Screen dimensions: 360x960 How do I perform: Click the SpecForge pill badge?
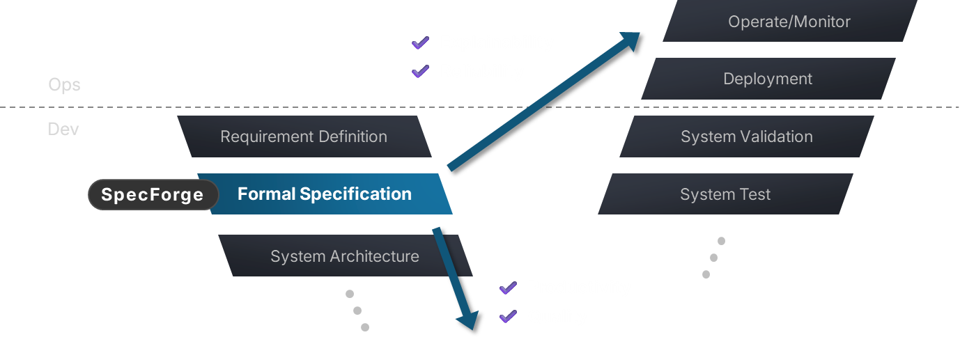(x=153, y=195)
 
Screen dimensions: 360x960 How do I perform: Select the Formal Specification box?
(x=325, y=194)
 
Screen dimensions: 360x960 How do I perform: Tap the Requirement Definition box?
(x=304, y=136)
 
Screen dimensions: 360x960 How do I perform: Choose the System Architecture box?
(x=345, y=256)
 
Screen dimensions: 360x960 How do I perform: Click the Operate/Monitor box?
(x=789, y=22)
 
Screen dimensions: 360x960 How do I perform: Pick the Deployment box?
(x=768, y=79)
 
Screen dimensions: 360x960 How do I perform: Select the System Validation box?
(x=747, y=136)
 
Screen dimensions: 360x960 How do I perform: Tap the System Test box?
(x=725, y=194)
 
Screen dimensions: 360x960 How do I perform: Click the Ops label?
(x=64, y=85)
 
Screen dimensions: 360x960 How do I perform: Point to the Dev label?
(x=63, y=130)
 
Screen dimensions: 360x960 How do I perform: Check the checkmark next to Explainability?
(x=420, y=43)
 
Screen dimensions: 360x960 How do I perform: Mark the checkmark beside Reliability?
(x=420, y=72)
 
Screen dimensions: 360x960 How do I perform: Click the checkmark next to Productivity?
(x=508, y=288)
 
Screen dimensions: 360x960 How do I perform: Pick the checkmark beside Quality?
(x=508, y=317)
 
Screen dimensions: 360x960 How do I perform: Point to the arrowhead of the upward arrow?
(x=630, y=40)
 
